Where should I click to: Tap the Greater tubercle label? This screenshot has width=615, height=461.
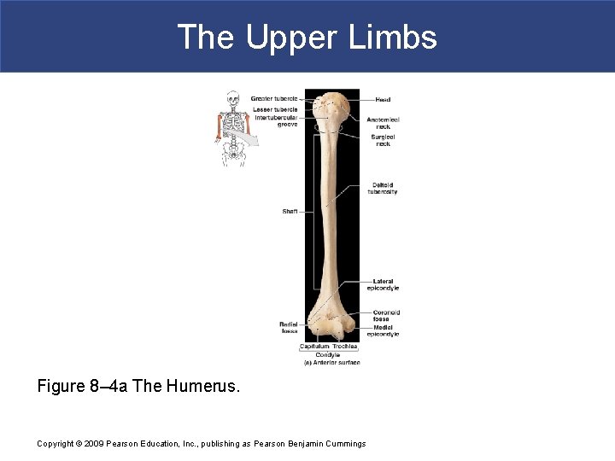pyautogui.click(x=274, y=99)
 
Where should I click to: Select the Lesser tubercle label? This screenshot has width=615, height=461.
pyautogui.click(x=275, y=109)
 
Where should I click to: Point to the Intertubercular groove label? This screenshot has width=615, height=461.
pyautogui.click(x=276, y=121)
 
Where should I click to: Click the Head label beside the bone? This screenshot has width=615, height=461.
pyautogui.click(x=383, y=100)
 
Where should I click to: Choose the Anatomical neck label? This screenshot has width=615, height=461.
pyautogui.click(x=383, y=123)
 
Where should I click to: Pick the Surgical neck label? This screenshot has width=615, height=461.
pyautogui.click(x=383, y=140)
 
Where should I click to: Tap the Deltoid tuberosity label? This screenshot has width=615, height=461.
pyautogui.click(x=383, y=189)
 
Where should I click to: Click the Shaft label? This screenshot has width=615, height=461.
pyautogui.click(x=290, y=212)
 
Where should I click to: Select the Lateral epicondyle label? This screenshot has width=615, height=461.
pyautogui.click(x=383, y=285)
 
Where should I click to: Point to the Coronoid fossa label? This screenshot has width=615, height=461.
pyautogui.click(x=386, y=316)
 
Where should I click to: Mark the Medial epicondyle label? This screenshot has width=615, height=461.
pyautogui.click(x=386, y=330)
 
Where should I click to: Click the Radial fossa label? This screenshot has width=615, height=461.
pyautogui.click(x=289, y=327)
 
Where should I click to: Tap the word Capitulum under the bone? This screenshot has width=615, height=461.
pyautogui.click(x=314, y=347)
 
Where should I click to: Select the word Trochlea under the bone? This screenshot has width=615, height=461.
pyautogui.click(x=345, y=347)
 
